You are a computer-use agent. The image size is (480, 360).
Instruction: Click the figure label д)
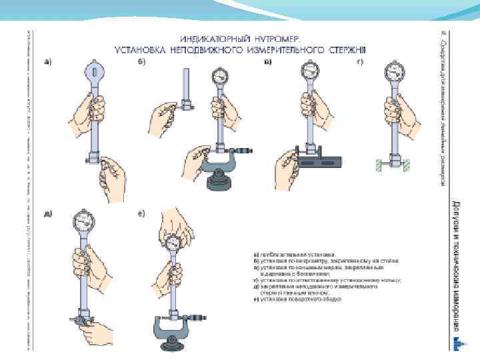48,214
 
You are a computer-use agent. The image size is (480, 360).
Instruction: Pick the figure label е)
143,214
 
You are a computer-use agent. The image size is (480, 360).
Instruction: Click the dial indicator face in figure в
309,70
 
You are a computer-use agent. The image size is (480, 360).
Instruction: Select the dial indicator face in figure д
85,221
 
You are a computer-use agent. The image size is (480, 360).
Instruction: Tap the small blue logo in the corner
457,343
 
